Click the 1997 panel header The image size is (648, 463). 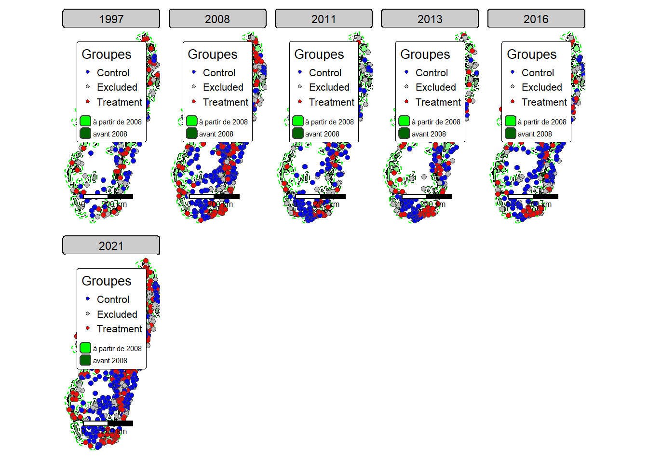click(111, 19)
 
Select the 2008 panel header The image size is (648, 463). click(217, 19)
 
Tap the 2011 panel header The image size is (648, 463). click(324, 19)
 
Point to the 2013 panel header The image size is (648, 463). click(430, 19)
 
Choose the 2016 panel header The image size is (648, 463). click(536, 19)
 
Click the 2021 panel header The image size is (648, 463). click(111, 245)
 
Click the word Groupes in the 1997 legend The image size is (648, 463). click(107, 54)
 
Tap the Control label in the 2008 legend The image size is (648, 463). click(219, 73)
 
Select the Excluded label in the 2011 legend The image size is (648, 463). click(329, 87)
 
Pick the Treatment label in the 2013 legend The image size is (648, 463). click(438, 102)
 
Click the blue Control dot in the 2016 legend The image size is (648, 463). click(513, 72)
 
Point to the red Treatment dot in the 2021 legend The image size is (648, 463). click(88, 328)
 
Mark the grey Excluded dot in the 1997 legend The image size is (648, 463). click(88, 87)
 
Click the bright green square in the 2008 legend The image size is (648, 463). click(192, 121)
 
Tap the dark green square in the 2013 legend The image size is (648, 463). click(404, 133)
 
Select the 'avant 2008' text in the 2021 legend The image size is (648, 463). click(110, 361)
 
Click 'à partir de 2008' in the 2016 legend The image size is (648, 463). click(542, 122)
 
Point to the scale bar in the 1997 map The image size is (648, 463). click(108, 196)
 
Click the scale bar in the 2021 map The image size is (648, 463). click(108, 423)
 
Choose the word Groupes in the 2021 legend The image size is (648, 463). click(107, 281)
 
